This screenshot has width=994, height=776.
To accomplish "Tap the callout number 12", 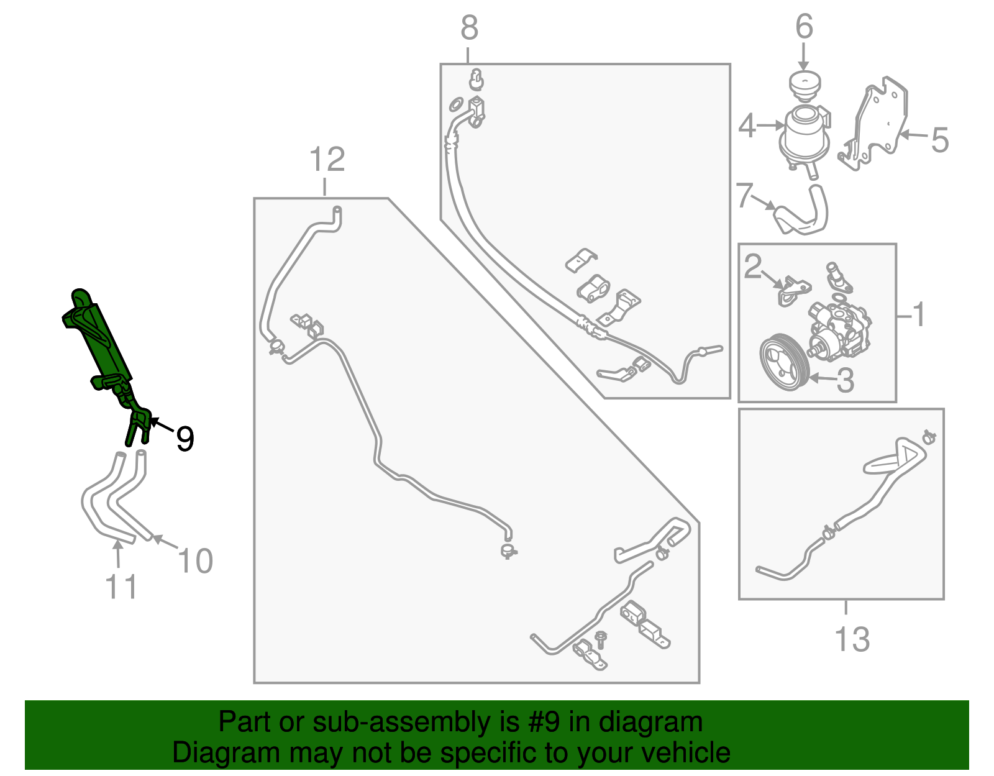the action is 327,159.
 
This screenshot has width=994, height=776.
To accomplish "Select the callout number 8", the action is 469,27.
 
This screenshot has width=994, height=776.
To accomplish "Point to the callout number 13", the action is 852,639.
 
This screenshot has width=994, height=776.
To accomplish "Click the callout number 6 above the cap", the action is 804,26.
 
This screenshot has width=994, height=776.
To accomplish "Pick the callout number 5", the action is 939,139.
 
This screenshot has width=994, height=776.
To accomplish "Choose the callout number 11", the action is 121,587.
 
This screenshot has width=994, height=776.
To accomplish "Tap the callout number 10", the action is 195,560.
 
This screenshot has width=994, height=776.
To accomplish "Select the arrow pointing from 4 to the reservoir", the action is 771,125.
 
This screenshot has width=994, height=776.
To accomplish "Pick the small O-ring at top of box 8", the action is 456,104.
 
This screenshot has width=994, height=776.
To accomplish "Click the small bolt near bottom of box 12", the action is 600,639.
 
